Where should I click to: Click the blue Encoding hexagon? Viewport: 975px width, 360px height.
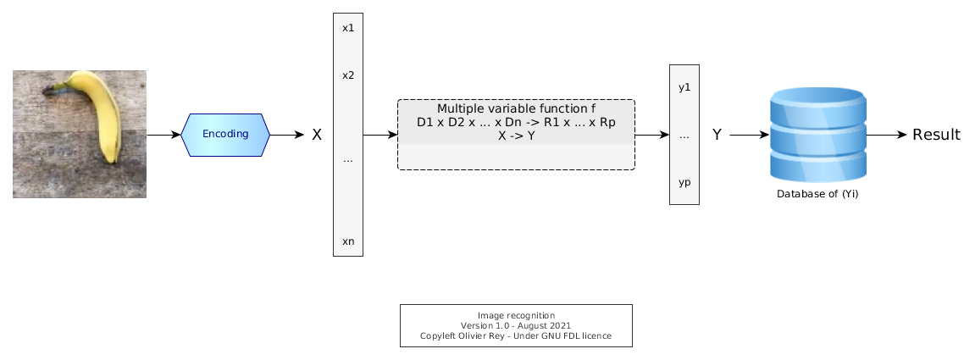tap(225, 135)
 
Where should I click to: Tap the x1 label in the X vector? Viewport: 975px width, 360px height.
tap(348, 28)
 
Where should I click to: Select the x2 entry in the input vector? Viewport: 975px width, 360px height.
tap(348, 75)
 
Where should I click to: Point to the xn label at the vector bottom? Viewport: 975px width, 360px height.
tap(348, 241)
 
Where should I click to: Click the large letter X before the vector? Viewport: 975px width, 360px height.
tap(317, 135)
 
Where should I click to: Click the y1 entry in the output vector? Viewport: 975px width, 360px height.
tap(684, 87)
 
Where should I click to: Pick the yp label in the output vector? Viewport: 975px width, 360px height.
tap(684, 183)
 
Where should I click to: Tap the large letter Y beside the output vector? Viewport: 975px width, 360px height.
tap(717, 135)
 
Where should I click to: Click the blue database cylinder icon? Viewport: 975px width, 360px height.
tap(817, 135)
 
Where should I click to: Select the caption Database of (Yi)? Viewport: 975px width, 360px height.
tap(817, 194)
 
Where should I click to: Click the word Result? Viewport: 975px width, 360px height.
tap(936, 135)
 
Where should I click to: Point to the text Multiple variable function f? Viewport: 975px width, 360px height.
tap(516, 108)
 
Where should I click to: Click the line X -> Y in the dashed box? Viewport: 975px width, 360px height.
tap(516, 136)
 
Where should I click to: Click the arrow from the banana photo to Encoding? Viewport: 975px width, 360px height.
tap(163, 135)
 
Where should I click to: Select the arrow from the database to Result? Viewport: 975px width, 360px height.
tap(887, 135)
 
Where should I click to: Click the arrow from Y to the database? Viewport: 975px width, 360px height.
tap(750, 135)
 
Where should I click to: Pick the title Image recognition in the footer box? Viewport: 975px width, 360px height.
tap(516, 315)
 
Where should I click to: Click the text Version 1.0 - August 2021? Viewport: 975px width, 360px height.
tap(516, 325)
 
